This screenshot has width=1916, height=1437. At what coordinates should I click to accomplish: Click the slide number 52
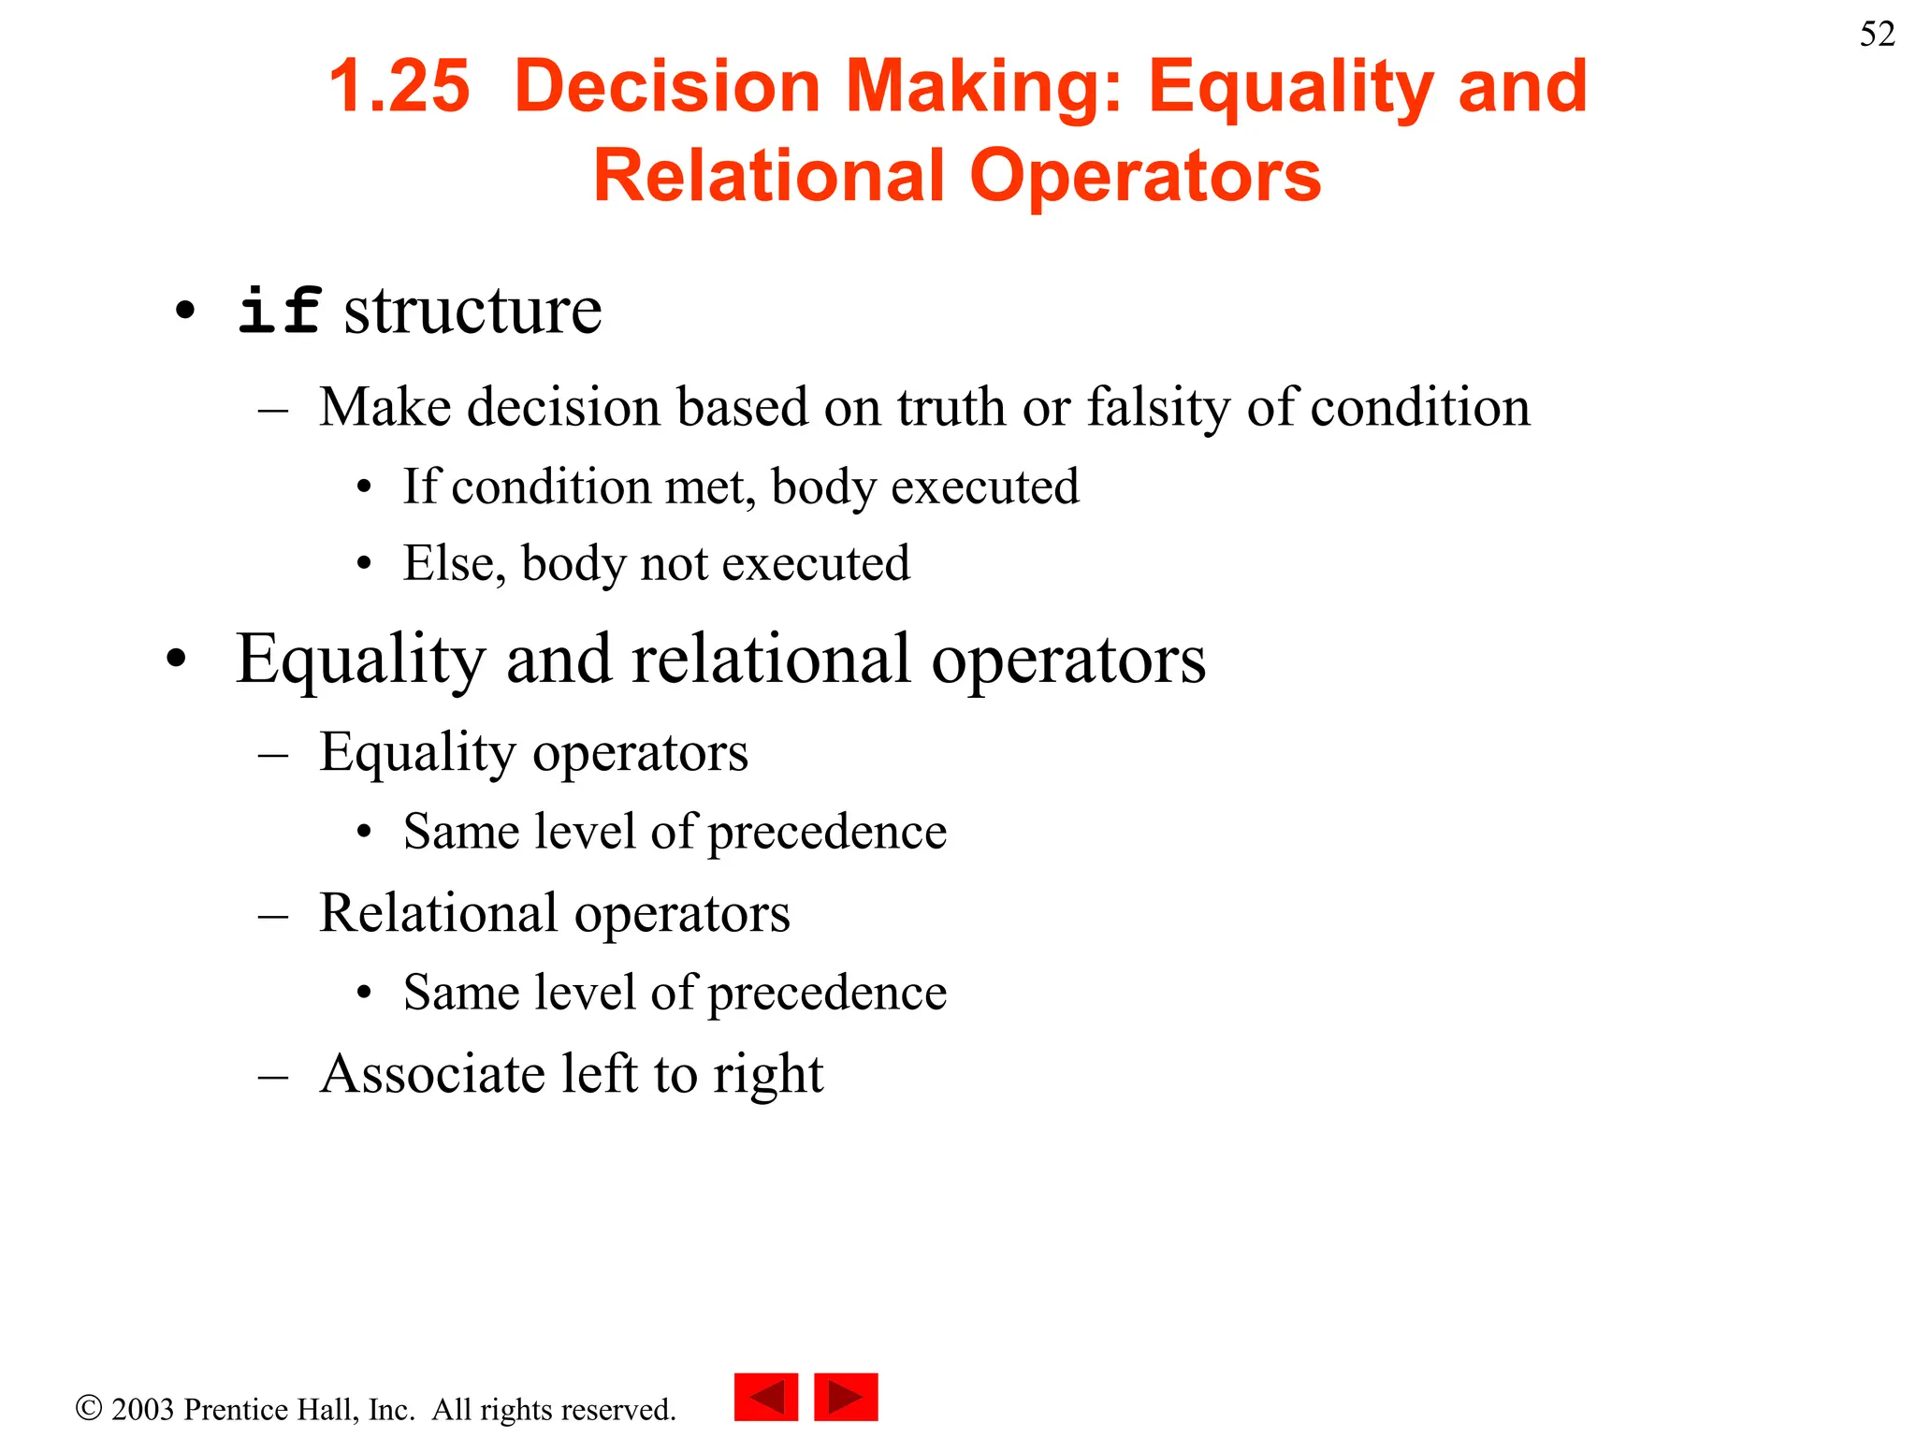click(x=1877, y=35)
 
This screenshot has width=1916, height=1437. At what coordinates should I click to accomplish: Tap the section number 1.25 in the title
click(x=399, y=87)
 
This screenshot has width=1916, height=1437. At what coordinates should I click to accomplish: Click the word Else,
click(x=455, y=564)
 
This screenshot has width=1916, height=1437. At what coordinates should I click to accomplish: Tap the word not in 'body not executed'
click(x=673, y=564)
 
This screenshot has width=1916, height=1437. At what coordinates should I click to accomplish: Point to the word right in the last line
click(x=768, y=1075)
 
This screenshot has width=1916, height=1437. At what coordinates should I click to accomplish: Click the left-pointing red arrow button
click(x=766, y=1397)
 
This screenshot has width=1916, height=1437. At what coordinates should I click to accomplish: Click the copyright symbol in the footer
click(x=89, y=1408)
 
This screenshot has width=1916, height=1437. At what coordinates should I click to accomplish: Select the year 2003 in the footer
click(x=143, y=1409)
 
